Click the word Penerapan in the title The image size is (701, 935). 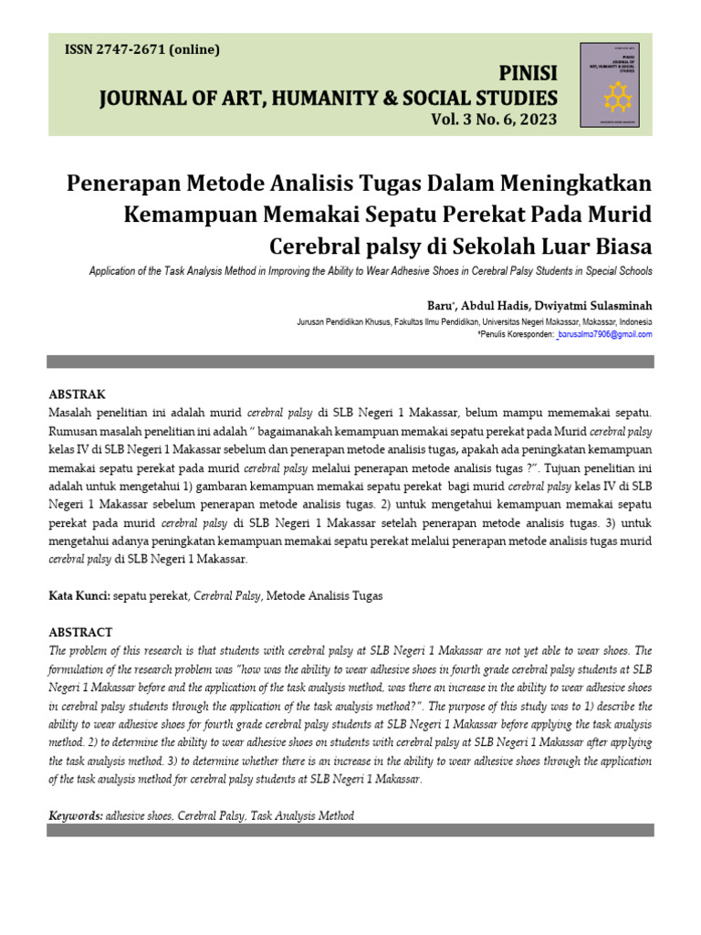124,184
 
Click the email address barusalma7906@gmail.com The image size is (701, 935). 606,335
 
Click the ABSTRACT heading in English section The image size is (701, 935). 80,632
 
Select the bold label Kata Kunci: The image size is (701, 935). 78,595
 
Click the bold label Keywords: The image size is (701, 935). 76,815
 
